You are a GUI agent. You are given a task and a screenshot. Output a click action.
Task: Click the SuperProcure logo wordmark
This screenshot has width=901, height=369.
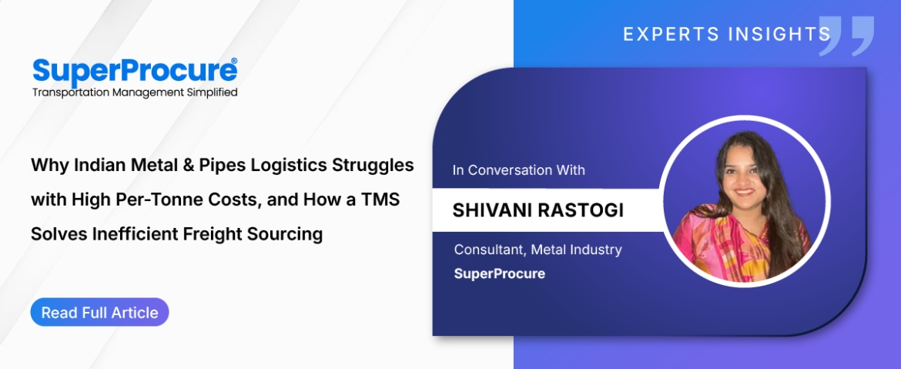135,71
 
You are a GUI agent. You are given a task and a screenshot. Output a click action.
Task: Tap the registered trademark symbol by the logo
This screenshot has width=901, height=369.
233,61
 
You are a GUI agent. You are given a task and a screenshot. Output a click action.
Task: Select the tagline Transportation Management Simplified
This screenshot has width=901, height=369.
135,92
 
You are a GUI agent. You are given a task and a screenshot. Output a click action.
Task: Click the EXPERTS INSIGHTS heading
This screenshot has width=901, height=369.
727,35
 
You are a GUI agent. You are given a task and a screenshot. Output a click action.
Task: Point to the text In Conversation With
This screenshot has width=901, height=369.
518,170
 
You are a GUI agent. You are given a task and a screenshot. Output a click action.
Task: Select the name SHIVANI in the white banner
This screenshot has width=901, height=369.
491,210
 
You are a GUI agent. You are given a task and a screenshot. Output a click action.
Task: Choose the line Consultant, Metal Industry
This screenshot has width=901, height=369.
538,250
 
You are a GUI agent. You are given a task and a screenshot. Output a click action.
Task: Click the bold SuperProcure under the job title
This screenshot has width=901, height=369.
499,273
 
